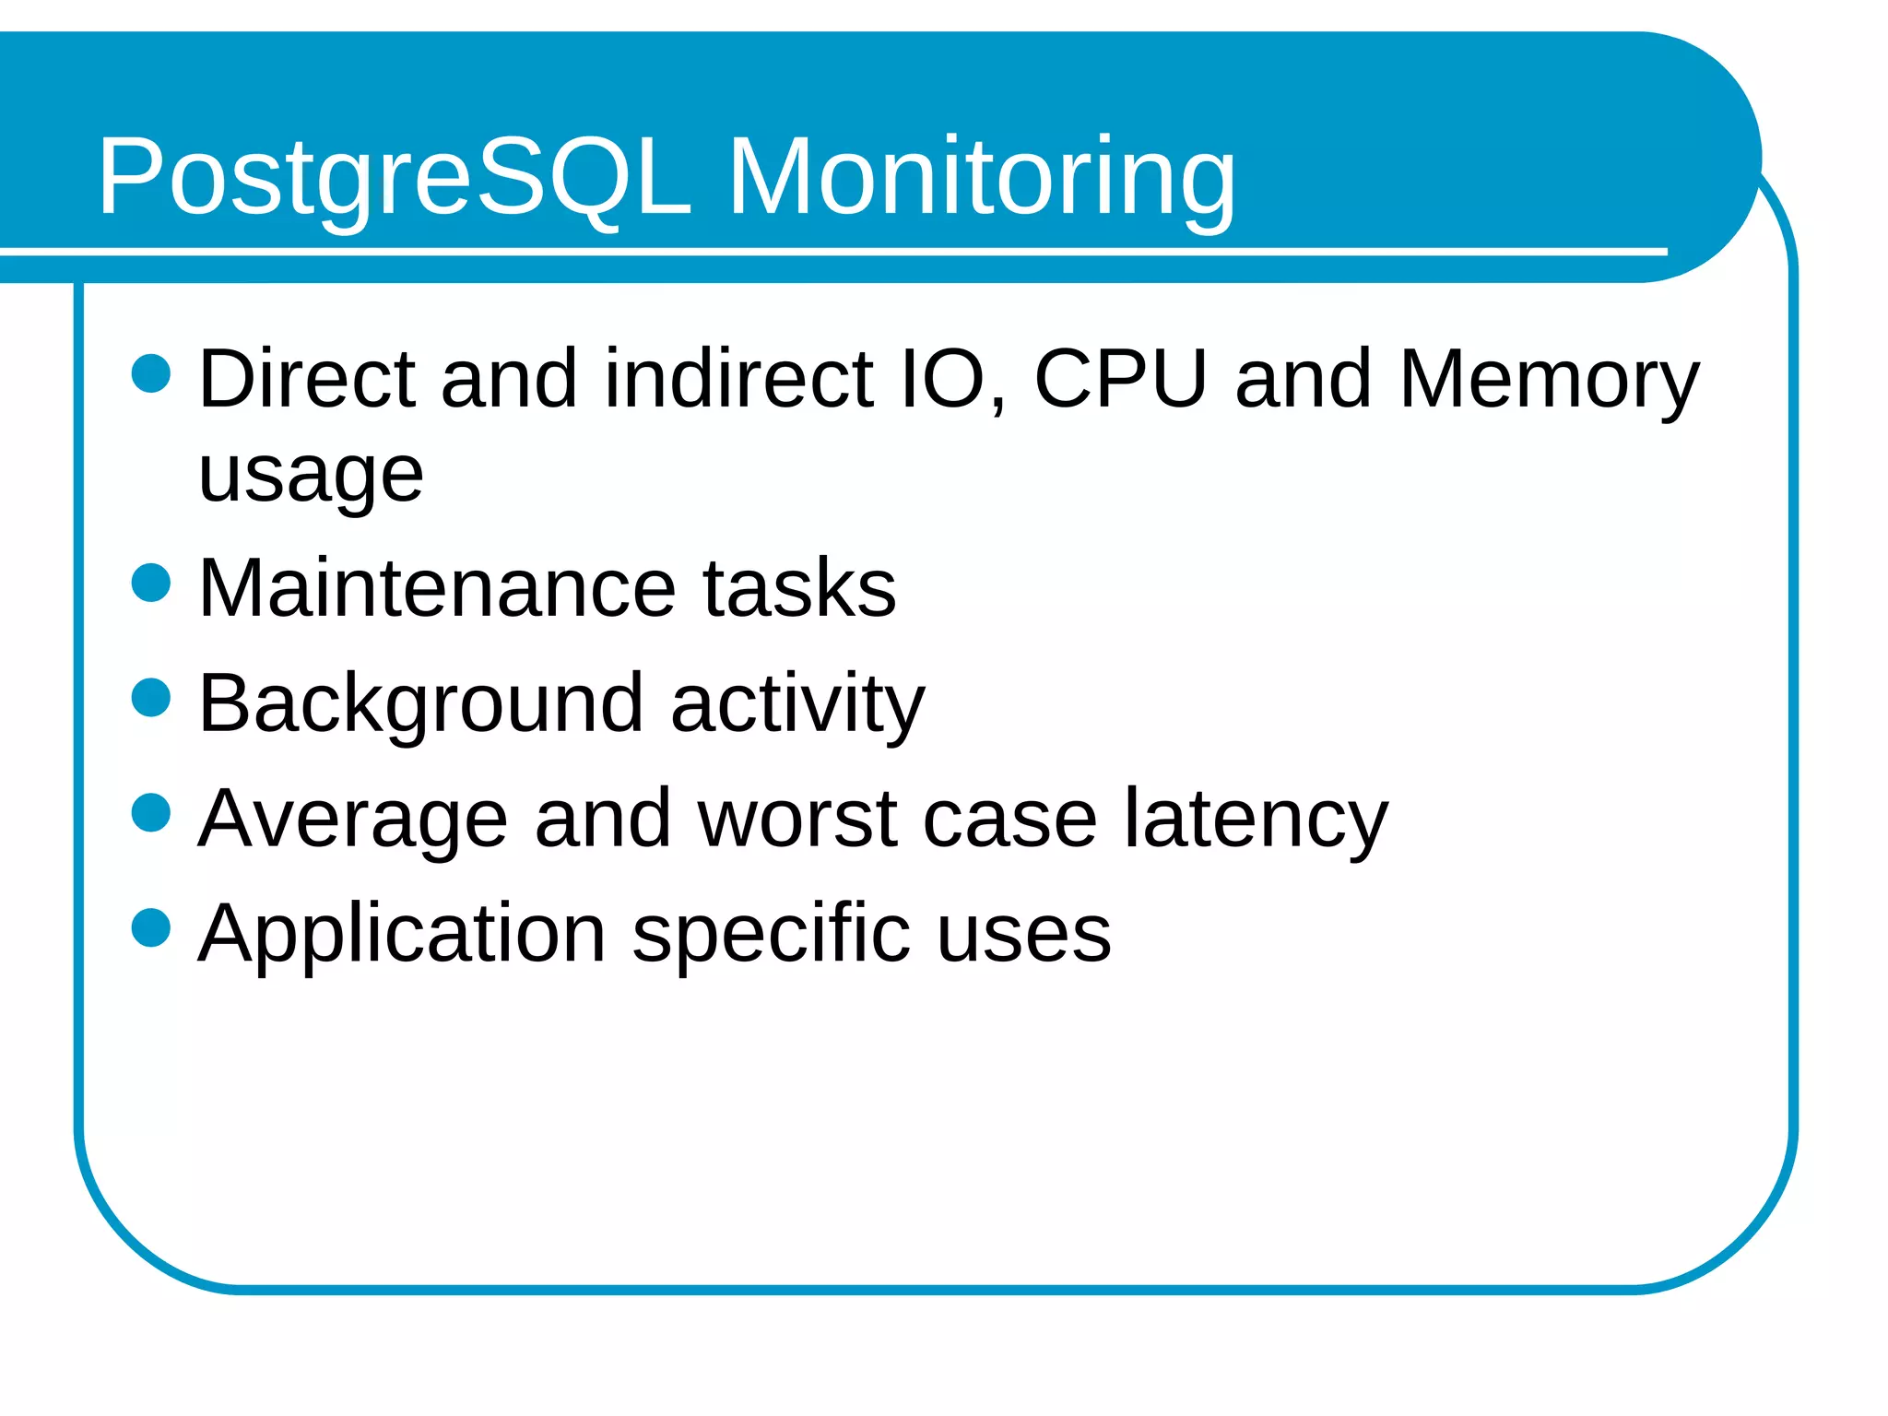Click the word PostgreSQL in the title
[x=395, y=177]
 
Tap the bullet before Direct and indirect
[x=151, y=373]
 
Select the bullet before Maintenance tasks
[x=151, y=583]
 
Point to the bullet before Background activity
[x=151, y=697]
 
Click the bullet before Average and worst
[x=151, y=812]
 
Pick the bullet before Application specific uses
[x=151, y=927]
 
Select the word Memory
[x=1549, y=380]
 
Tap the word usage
[x=311, y=476]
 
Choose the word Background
[x=420, y=705]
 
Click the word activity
[x=797, y=705]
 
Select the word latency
[x=1256, y=820]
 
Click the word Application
[x=402, y=935]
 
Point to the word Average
[x=352, y=820]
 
